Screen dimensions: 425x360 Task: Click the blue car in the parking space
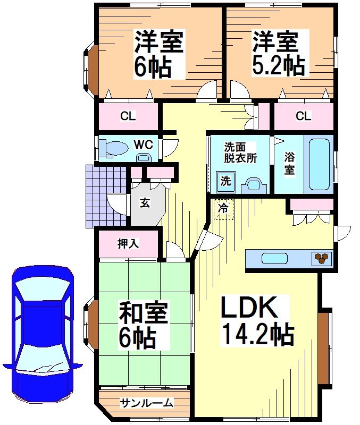tap(43, 332)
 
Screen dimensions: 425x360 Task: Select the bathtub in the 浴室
tap(319, 163)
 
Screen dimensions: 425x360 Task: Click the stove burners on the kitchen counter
tap(321, 259)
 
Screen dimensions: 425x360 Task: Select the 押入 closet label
tap(128, 244)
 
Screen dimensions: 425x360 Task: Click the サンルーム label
tap(146, 403)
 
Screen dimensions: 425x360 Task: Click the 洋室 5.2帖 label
tap(278, 54)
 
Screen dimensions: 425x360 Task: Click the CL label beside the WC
tap(128, 116)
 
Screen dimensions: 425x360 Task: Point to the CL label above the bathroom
tap(303, 116)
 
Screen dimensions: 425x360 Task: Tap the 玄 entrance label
tap(144, 202)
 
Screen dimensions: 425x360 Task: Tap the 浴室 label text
tap(289, 163)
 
